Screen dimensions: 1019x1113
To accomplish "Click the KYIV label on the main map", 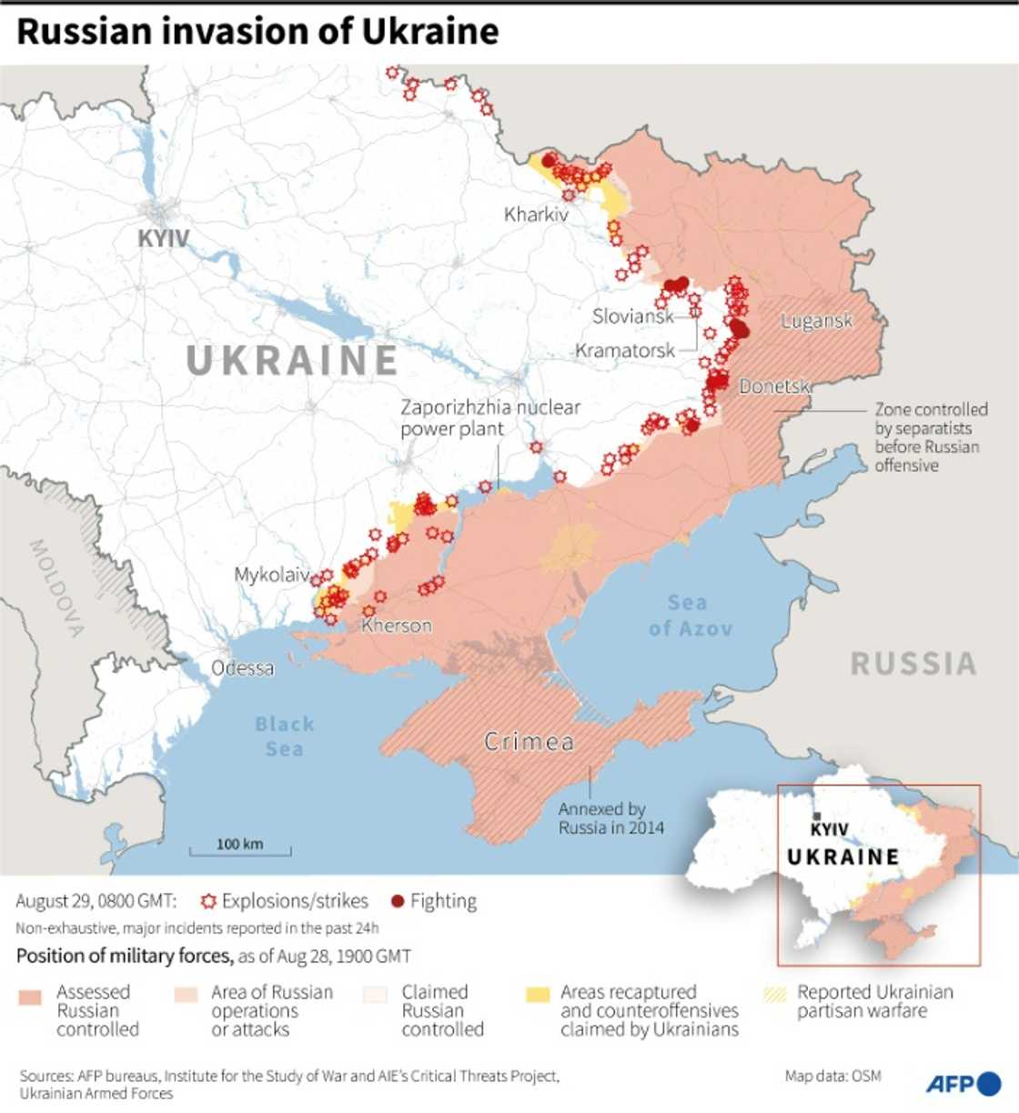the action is pos(164,239).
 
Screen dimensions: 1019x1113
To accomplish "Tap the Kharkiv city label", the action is pos(536,216).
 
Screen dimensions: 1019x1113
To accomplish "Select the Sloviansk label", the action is pos(632,316).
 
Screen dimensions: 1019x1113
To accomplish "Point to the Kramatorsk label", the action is pos(625,350).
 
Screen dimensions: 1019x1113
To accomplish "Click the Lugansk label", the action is pos(816,321).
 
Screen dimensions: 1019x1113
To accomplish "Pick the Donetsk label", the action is pos(773,386).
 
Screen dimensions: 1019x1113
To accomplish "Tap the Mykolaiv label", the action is pos(271,575).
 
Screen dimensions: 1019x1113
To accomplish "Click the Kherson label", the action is pos(397,626).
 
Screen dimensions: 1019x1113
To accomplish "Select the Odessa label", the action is pos(242,668).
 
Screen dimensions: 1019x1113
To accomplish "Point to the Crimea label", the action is pos(529,742).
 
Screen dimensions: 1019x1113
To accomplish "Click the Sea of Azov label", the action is pos(690,616).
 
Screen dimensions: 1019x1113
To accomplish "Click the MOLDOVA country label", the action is pos(56,587).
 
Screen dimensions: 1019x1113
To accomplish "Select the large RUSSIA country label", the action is pos(913,664).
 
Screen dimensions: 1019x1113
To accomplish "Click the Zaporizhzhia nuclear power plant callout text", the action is pos(489,418).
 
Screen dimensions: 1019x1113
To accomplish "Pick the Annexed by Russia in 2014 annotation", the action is pos(610,818).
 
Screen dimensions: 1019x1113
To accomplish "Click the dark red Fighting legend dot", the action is pos(398,901).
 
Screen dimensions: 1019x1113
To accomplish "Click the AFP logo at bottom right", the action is pos(963,1084).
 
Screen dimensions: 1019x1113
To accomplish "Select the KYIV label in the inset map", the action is pos(829,828).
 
